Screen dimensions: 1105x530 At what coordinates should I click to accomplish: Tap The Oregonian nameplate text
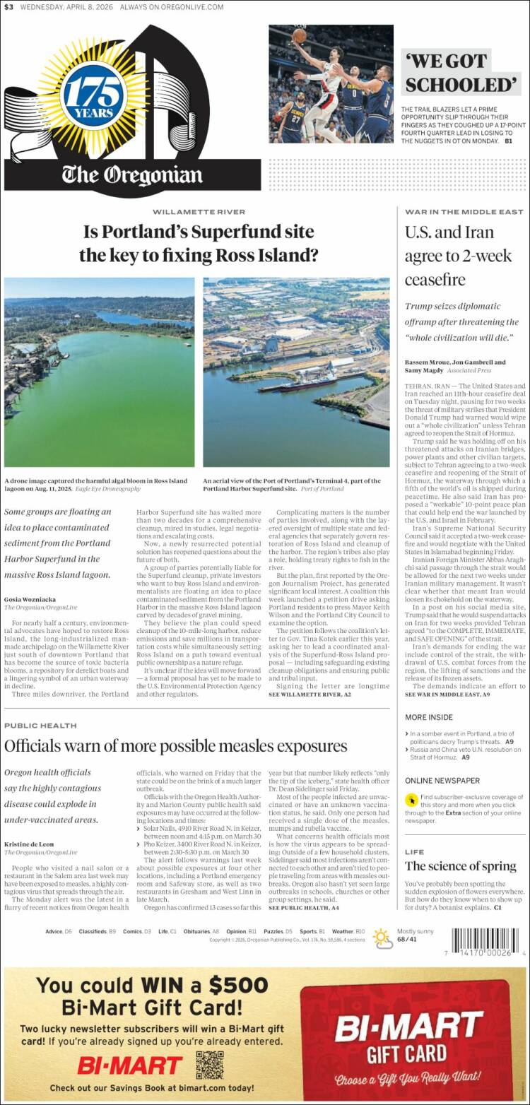(131, 174)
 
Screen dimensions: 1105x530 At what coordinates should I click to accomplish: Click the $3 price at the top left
(8, 7)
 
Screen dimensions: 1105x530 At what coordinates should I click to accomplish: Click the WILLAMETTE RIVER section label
(199, 212)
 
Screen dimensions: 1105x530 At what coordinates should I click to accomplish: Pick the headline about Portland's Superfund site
(198, 243)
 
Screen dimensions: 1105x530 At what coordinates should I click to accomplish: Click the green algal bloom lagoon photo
(99, 372)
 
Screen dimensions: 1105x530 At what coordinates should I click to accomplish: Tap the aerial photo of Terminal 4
(296, 372)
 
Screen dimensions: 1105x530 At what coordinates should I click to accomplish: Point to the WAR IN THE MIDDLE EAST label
(464, 212)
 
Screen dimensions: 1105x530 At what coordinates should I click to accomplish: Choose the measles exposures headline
(175, 745)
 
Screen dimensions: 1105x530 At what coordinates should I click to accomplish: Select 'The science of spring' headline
(460, 866)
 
